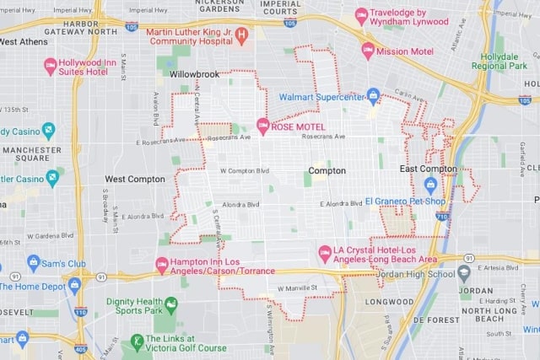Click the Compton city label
click(x=327, y=170)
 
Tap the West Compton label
click(x=134, y=180)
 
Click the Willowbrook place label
click(x=195, y=75)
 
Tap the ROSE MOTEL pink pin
click(x=262, y=126)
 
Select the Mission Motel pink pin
click(x=368, y=50)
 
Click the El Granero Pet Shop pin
click(x=430, y=185)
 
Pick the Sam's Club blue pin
click(x=33, y=263)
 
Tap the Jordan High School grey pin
click(x=463, y=273)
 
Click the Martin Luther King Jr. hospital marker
click(x=241, y=36)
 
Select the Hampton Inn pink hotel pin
click(x=162, y=265)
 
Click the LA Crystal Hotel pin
click(x=324, y=253)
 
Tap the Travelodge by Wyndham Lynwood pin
click(x=361, y=16)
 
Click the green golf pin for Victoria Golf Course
click(x=136, y=341)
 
